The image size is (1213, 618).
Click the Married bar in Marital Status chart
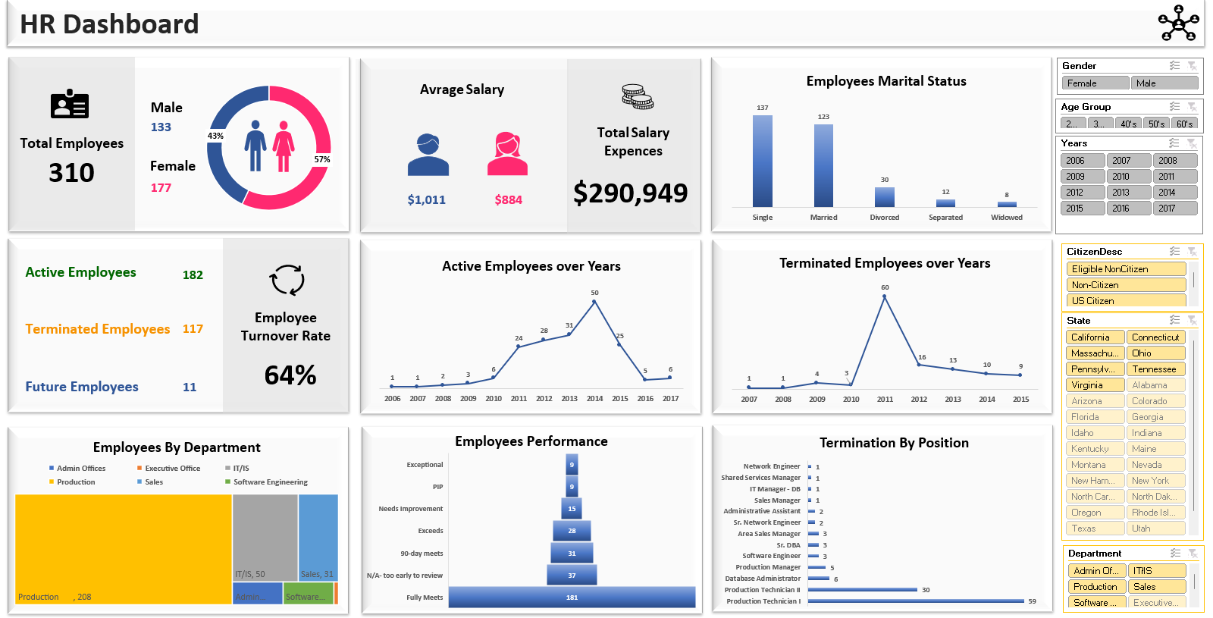pos(823,165)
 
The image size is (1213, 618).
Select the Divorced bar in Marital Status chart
pos(884,197)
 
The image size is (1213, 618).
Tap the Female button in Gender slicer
pos(1095,83)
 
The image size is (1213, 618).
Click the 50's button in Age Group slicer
pos(1156,124)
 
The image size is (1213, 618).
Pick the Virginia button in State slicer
pos(1094,385)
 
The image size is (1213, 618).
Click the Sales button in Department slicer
pos(1156,587)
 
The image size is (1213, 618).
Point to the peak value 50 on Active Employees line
pos(594,301)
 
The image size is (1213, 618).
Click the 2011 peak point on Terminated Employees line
pos(885,296)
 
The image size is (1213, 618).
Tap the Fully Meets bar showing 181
pos(572,598)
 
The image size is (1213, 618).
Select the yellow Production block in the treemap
pos(123,546)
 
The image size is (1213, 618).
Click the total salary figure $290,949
pos(630,193)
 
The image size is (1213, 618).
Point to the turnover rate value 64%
pos(290,375)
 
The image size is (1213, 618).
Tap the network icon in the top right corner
pos(1178,23)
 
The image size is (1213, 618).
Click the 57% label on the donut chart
pos(321,160)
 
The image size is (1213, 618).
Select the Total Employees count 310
pos(71,173)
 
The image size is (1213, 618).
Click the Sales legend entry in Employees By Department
pos(153,482)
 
